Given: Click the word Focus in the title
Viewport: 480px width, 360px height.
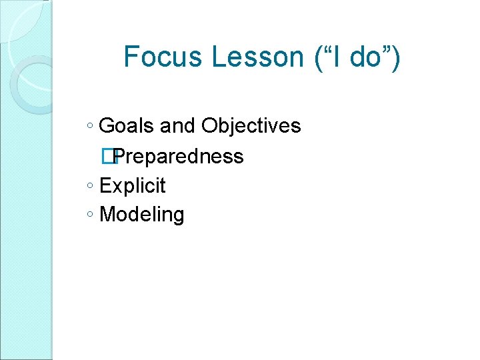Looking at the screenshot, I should click(x=164, y=57).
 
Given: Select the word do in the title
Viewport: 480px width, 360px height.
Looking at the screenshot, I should click(x=364, y=57).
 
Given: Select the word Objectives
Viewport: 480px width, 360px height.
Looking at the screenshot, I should click(x=251, y=126).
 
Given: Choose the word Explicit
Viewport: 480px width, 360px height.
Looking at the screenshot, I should click(x=133, y=186).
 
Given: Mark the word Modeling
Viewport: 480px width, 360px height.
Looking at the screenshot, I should click(x=141, y=215).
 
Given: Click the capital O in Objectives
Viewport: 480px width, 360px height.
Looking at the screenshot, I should click(x=209, y=125).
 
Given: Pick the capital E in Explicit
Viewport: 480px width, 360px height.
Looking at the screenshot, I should click(x=105, y=185).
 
